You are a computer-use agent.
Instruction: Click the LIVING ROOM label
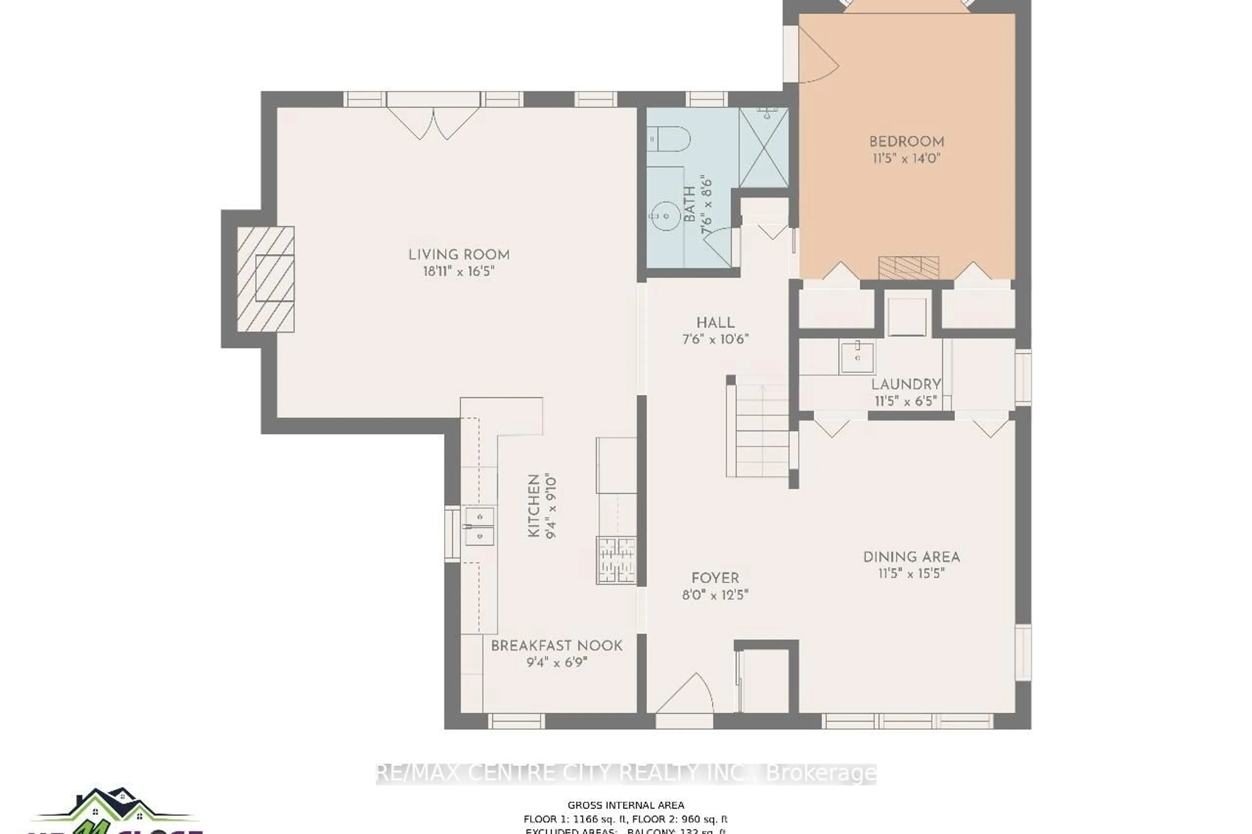click(x=459, y=255)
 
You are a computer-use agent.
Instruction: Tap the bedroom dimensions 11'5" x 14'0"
click(x=906, y=158)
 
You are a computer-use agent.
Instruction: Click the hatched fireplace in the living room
click(x=265, y=279)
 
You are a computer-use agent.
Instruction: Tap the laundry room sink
click(x=857, y=358)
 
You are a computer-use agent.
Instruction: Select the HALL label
click(x=715, y=322)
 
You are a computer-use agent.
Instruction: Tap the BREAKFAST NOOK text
click(x=556, y=646)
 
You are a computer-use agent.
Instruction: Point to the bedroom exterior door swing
click(x=817, y=57)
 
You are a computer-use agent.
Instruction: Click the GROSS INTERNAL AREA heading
click(x=625, y=805)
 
